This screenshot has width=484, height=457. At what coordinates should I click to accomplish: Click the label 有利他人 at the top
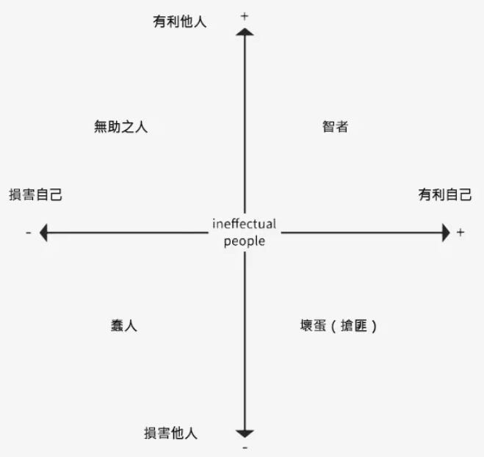point(180,21)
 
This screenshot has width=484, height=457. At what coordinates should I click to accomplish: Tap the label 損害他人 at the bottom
point(170,432)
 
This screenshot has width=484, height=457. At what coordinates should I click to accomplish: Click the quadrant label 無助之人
point(121,126)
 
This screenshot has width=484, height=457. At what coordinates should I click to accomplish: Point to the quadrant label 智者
point(335,126)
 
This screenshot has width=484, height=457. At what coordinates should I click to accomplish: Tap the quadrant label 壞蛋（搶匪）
point(334,326)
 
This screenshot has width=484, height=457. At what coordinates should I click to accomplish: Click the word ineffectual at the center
point(245,224)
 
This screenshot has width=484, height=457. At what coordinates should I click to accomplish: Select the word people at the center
point(245,241)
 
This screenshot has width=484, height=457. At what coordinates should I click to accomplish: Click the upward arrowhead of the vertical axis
point(245,32)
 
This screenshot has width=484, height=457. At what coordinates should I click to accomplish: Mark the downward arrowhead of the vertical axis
point(245,433)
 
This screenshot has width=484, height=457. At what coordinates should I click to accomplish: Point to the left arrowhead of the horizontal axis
point(43,233)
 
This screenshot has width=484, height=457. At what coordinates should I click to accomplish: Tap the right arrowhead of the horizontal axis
point(444,233)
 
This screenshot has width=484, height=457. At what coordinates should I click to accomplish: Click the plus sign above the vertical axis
point(245,15)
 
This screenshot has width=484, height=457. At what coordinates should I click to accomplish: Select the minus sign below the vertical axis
point(245,447)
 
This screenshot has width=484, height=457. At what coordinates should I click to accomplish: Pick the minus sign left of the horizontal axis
point(28,233)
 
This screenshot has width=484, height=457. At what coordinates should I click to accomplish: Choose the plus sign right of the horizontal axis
point(460,233)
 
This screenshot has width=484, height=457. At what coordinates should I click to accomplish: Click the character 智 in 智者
point(328,126)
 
